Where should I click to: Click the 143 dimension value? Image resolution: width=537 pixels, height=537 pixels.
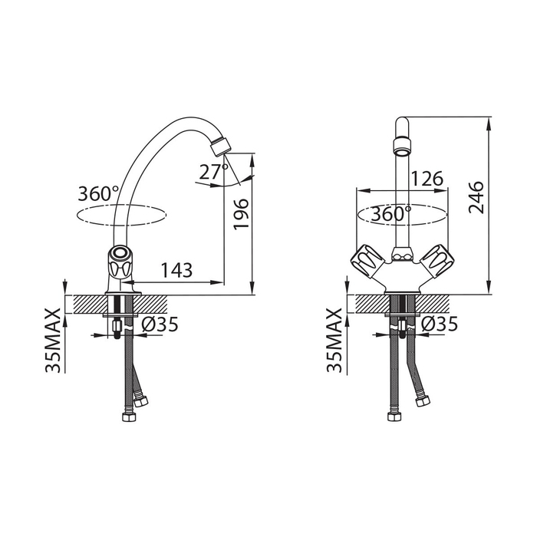176,270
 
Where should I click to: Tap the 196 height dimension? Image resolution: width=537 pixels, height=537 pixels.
241,214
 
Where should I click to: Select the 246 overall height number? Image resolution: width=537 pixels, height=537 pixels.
476,198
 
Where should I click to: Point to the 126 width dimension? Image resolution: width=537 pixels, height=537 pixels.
427,179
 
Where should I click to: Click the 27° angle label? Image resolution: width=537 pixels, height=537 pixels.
214,172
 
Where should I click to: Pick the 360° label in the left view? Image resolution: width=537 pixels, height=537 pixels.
98,194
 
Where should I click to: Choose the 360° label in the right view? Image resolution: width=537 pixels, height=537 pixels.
391,214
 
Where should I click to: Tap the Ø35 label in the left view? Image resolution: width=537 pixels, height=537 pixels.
160,324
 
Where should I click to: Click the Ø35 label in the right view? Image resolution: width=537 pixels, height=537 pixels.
440,324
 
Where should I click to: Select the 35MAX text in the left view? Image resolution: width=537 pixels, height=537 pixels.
53,341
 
